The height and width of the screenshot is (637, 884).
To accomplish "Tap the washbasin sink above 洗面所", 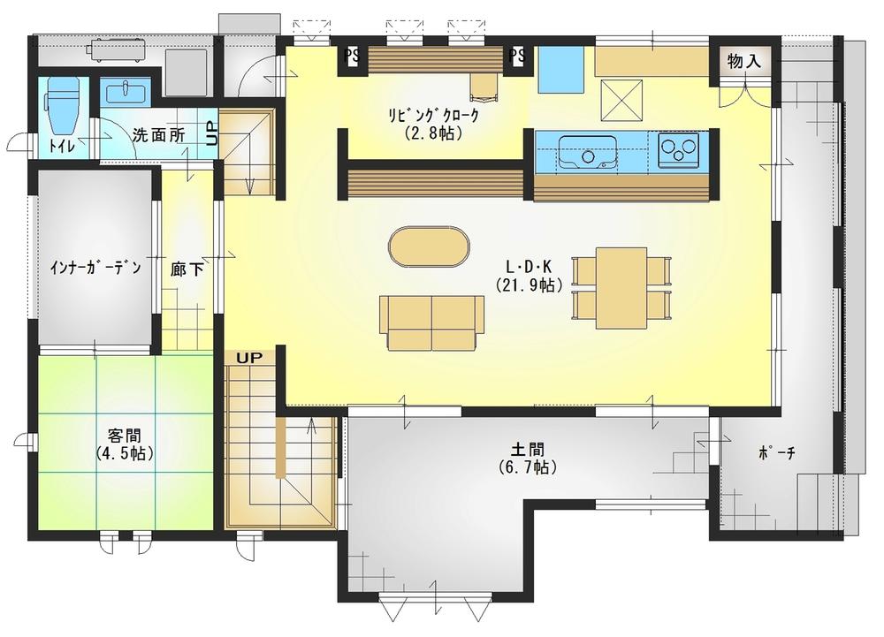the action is point(126,91).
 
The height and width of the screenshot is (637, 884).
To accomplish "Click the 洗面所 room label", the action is point(159,135).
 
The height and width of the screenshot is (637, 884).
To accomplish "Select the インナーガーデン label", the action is point(95,267).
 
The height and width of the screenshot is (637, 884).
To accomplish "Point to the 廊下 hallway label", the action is point(187,269).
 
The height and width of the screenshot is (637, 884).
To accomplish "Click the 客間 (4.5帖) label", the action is point(125,444).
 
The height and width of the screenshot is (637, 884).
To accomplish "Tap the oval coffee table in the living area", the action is point(429,246).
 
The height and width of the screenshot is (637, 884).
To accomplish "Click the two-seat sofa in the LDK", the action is point(432,322).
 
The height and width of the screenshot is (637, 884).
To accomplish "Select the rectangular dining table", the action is point(621,287).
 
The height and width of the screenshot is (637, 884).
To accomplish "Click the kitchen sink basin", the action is point(587,151).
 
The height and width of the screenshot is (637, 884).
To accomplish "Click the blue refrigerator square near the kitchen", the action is point(561,69).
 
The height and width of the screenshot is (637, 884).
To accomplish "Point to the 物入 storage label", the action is point(744,61).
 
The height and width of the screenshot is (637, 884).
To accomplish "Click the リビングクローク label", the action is point(433,124).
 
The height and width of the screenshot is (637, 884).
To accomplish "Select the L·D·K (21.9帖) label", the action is point(530,276).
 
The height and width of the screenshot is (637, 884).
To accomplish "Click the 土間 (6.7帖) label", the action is point(528,459).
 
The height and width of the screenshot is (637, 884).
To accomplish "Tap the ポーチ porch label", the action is point(777,452).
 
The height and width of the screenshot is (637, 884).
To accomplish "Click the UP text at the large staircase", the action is point(249,358).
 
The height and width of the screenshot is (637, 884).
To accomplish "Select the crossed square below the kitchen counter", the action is point(621,100).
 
